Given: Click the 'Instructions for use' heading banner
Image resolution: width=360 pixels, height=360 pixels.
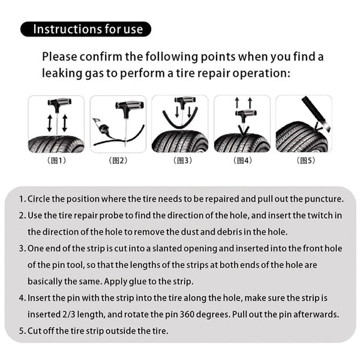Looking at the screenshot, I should pyautogui.click(x=85, y=29).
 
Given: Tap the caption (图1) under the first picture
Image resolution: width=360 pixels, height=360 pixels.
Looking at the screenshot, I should pyautogui.click(x=58, y=160).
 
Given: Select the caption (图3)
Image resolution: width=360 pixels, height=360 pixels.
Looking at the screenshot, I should pyautogui.click(x=180, y=160).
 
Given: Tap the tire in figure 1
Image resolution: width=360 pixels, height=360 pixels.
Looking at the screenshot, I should pyautogui.click(x=56, y=144).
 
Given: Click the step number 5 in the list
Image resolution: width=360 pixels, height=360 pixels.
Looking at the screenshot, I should pyautogui.click(x=22, y=329).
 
